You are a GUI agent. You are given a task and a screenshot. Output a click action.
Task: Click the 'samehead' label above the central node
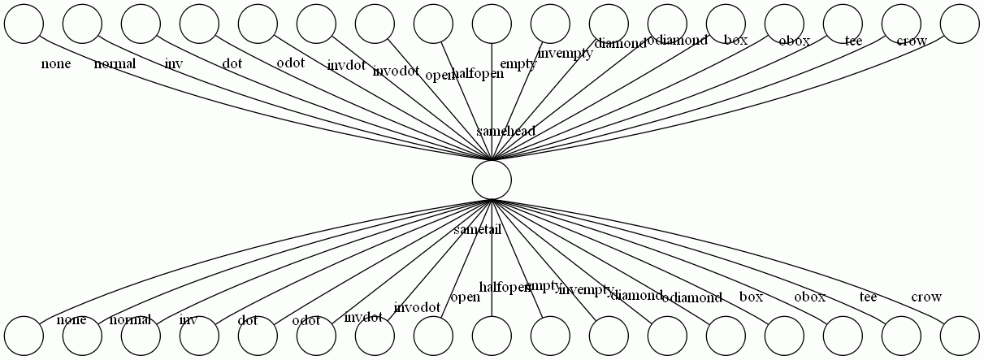point(505,131)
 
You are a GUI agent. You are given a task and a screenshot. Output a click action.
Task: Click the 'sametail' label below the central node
point(478,230)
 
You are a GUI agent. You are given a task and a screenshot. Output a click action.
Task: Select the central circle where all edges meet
point(492,179)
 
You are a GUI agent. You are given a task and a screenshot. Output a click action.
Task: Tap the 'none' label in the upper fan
point(56,63)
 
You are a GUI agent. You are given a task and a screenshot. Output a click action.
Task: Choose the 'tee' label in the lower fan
point(868,297)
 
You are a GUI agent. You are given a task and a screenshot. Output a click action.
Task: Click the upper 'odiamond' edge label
point(677,40)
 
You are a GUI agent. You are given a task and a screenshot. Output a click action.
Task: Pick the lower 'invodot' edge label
point(417,307)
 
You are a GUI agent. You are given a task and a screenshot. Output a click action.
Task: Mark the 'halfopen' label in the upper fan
point(478,73)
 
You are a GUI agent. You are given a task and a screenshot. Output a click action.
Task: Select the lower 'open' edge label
point(465,297)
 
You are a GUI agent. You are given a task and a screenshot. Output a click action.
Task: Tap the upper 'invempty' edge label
point(566,54)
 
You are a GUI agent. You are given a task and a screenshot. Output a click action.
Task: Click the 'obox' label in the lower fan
point(809,297)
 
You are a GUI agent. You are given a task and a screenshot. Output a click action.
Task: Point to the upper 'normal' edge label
point(115,63)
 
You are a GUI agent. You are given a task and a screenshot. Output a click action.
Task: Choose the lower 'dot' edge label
point(248,320)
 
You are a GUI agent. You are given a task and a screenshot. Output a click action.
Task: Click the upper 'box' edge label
point(735,40)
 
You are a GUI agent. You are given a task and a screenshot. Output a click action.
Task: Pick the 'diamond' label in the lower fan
point(636,295)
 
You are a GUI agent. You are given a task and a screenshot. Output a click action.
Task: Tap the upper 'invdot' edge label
point(346,66)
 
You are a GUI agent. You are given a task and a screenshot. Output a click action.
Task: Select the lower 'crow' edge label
point(926,297)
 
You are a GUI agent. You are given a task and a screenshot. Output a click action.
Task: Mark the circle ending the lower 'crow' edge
point(960,336)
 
